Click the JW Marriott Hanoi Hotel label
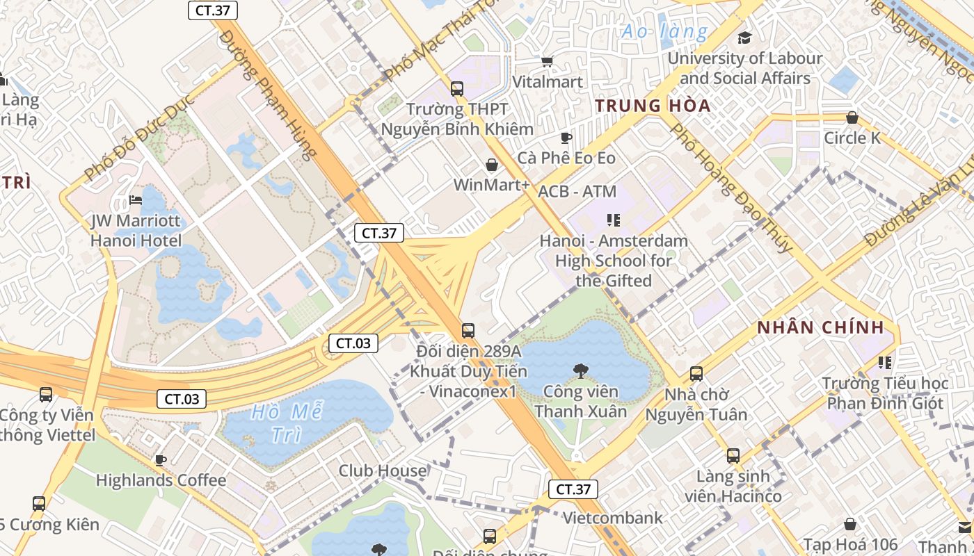(136, 231)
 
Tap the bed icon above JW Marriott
(136, 201)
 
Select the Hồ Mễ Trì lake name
(286, 423)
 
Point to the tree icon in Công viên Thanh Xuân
(580, 371)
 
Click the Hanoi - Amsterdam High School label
(614, 261)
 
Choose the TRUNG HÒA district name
(653, 106)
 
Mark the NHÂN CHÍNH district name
(820, 327)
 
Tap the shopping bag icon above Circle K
(852, 117)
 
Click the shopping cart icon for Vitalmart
(548, 62)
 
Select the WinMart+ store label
(491, 185)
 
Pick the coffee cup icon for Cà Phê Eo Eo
(566, 138)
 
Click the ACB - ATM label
(577, 191)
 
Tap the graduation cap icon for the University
(744, 38)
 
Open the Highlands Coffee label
(161, 480)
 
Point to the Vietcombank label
(613, 518)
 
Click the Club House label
(383, 471)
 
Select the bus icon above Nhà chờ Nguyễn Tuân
(696, 374)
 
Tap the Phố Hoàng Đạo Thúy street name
(730, 188)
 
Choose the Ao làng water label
(664, 31)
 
